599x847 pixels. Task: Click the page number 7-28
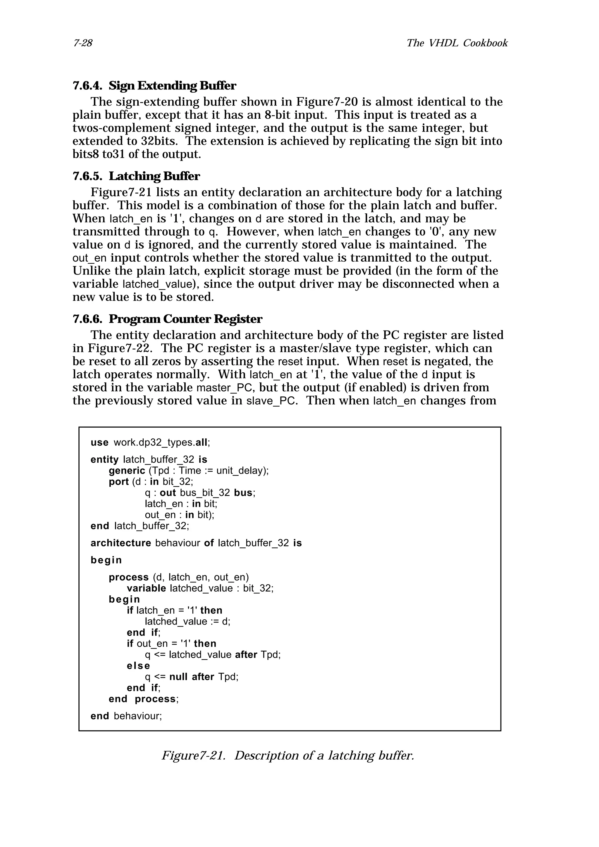pyautogui.click(x=83, y=44)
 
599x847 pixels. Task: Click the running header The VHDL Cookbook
pyautogui.click(x=457, y=43)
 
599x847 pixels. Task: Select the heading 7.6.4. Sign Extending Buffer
pyautogui.click(x=154, y=86)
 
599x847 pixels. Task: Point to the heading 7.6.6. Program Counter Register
pyautogui.click(x=167, y=319)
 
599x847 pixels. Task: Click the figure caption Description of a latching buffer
pyautogui.click(x=288, y=755)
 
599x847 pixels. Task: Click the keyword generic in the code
pyautogui.click(x=127, y=471)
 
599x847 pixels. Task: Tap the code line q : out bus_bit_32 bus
pyautogui.click(x=200, y=493)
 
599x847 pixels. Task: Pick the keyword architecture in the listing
pyautogui.click(x=121, y=543)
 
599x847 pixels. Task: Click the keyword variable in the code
pyautogui.click(x=146, y=588)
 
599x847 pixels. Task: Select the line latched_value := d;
pyautogui.click(x=187, y=621)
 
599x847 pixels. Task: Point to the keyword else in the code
pyautogui.click(x=138, y=665)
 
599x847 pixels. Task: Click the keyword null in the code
pyautogui.click(x=178, y=677)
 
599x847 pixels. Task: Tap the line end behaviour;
pyautogui.click(x=126, y=716)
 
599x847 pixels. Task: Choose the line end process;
pyautogui.click(x=144, y=699)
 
